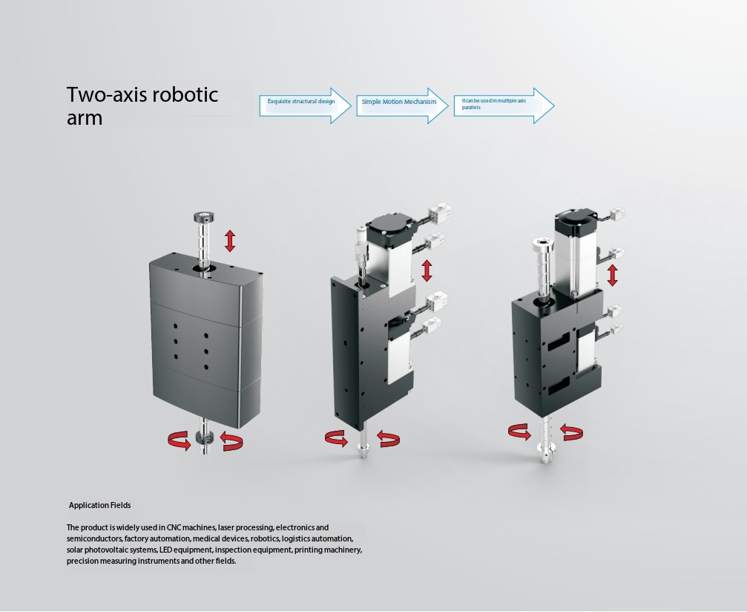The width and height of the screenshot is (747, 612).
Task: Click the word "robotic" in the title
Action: click(x=184, y=94)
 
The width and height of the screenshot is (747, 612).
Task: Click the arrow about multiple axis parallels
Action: click(x=504, y=105)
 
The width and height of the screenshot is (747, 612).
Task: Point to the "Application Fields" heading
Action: click(x=99, y=505)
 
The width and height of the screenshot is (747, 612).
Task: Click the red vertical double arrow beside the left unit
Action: click(x=230, y=241)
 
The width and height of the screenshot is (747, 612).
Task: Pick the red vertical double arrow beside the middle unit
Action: click(x=427, y=270)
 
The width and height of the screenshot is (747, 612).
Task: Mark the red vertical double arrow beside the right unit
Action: click(x=613, y=276)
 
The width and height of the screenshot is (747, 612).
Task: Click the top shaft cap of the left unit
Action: click(x=204, y=217)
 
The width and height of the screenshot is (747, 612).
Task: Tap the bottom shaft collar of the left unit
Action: click(x=205, y=437)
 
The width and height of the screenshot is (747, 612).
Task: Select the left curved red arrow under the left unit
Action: click(x=180, y=440)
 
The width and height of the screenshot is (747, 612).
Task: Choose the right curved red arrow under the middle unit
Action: click(x=388, y=438)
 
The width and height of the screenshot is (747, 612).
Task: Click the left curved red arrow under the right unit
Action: click(x=520, y=432)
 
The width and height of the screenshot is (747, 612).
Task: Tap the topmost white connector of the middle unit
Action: click(x=440, y=212)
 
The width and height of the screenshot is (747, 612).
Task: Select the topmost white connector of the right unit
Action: click(x=616, y=214)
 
